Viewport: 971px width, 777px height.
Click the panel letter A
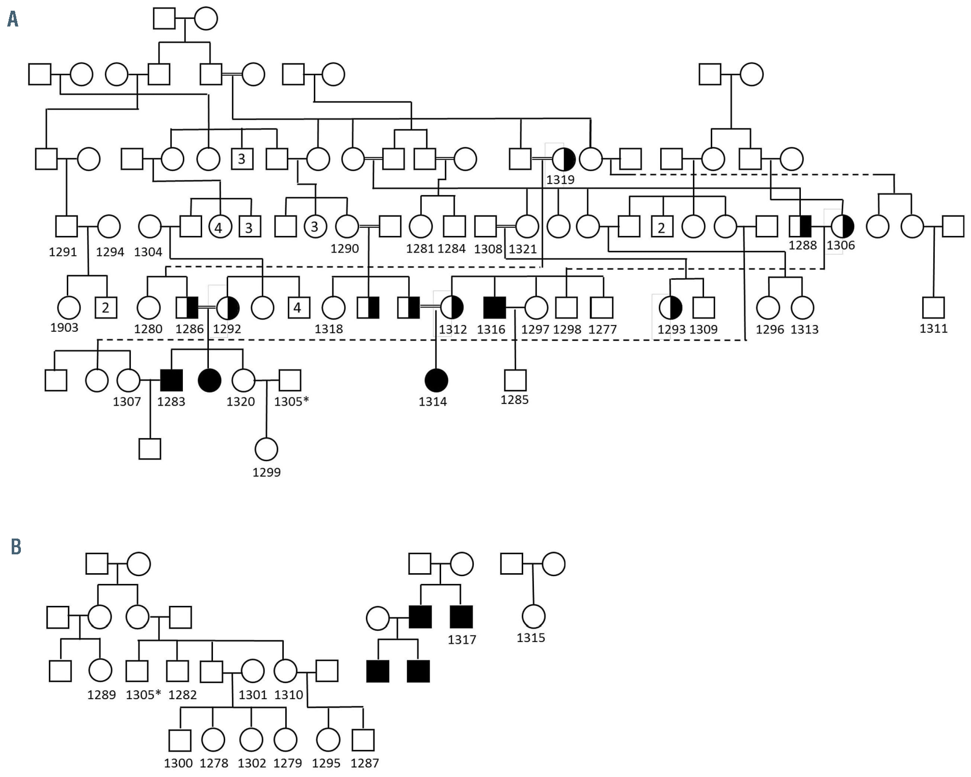coord(13,20)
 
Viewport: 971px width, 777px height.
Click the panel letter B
coord(16,547)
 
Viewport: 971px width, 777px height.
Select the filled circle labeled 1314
coord(436,380)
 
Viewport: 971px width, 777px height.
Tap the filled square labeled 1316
coord(494,308)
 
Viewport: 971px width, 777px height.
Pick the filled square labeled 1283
coord(171,380)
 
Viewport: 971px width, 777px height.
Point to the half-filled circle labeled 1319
coord(563,159)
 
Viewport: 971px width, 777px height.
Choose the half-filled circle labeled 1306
coord(842,226)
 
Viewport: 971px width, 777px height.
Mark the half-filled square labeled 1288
coord(800,226)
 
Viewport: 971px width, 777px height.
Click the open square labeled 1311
coord(933,308)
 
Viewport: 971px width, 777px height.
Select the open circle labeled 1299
coord(266,449)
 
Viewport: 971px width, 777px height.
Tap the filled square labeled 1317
coord(461,617)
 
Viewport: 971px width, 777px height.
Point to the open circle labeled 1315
coord(533,617)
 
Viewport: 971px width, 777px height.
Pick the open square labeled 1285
coord(515,380)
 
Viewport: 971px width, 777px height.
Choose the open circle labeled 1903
coord(69,308)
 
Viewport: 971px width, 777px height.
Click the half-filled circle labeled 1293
coord(670,308)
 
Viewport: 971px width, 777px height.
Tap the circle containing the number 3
coord(314,226)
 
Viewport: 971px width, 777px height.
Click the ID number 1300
coord(178,763)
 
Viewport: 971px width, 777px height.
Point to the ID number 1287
coord(365,763)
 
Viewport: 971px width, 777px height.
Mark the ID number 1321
coord(523,249)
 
